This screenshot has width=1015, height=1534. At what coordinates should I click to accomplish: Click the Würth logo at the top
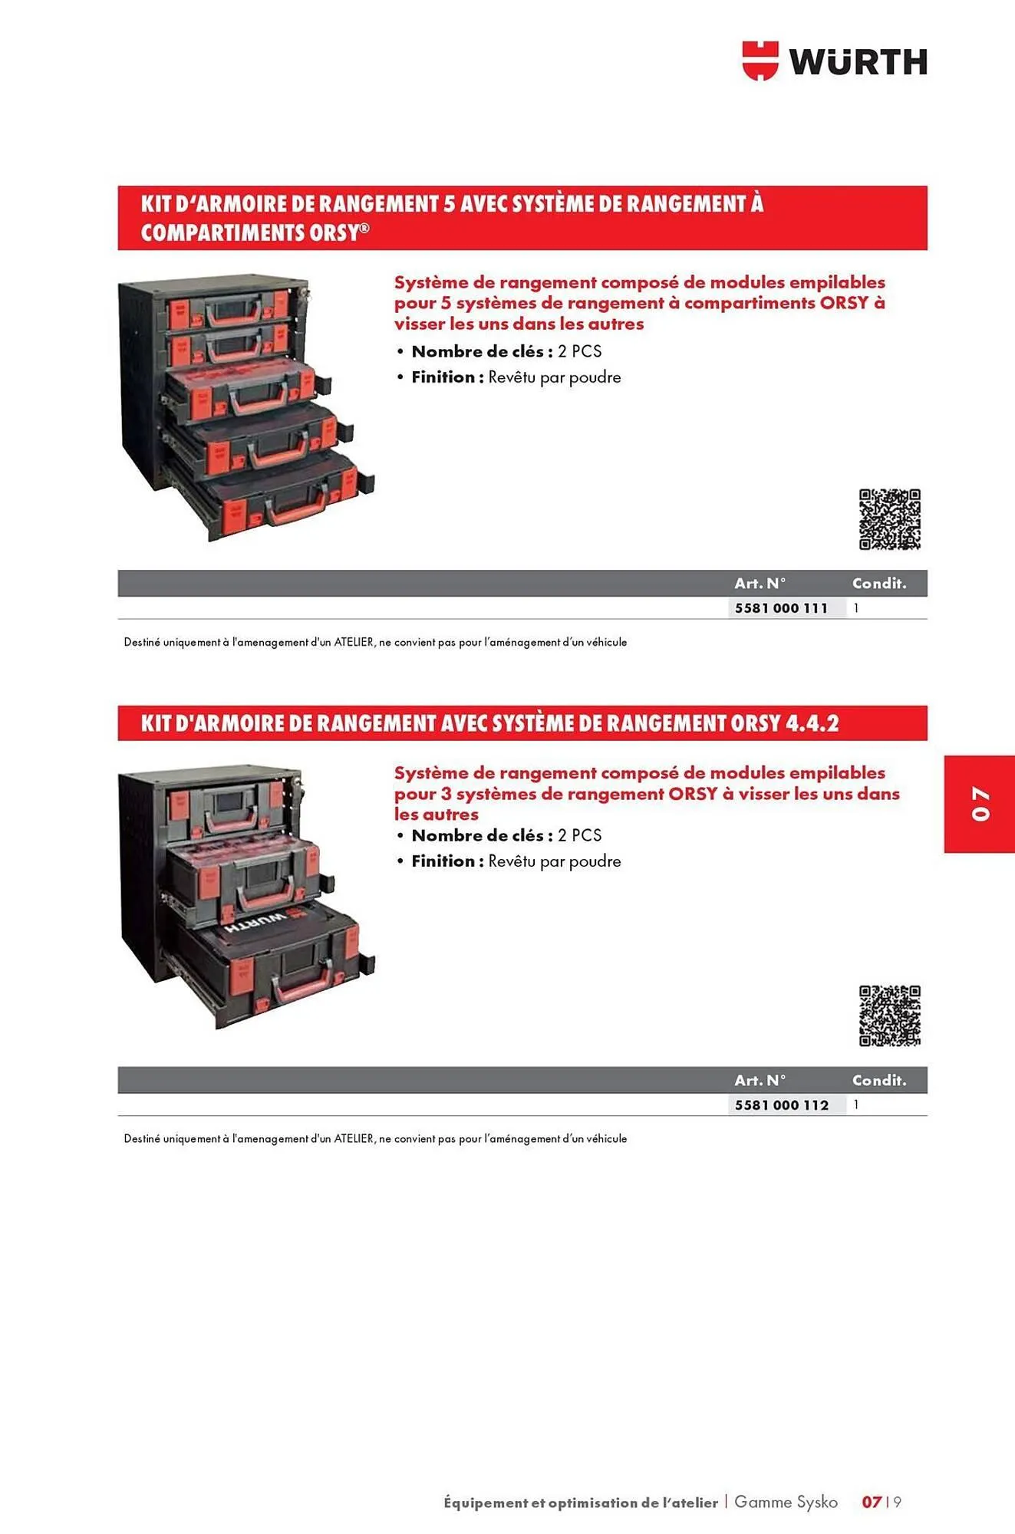click(835, 61)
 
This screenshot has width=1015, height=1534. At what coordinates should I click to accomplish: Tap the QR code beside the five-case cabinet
click(889, 519)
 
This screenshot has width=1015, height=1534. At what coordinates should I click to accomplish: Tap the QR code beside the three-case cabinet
click(889, 1016)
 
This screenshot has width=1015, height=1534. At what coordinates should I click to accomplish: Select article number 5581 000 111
click(781, 608)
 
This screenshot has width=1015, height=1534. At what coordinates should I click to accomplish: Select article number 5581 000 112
click(781, 1105)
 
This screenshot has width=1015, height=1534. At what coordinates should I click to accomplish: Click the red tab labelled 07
click(979, 803)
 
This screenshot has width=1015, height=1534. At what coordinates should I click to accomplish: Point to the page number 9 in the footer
click(897, 1502)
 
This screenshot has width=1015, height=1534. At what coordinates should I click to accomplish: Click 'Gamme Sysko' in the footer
click(786, 1502)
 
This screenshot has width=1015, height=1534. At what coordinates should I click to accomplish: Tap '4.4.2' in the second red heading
click(812, 723)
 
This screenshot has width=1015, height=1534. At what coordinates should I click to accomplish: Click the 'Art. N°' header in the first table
click(760, 584)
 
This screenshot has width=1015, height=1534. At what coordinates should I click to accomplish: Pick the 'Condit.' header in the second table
click(879, 1081)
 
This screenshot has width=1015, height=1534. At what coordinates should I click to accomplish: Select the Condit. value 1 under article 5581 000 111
click(856, 608)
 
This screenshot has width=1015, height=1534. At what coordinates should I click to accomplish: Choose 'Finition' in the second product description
click(443, 861)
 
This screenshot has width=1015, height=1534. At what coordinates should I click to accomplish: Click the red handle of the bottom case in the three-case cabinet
click(303, 989)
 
